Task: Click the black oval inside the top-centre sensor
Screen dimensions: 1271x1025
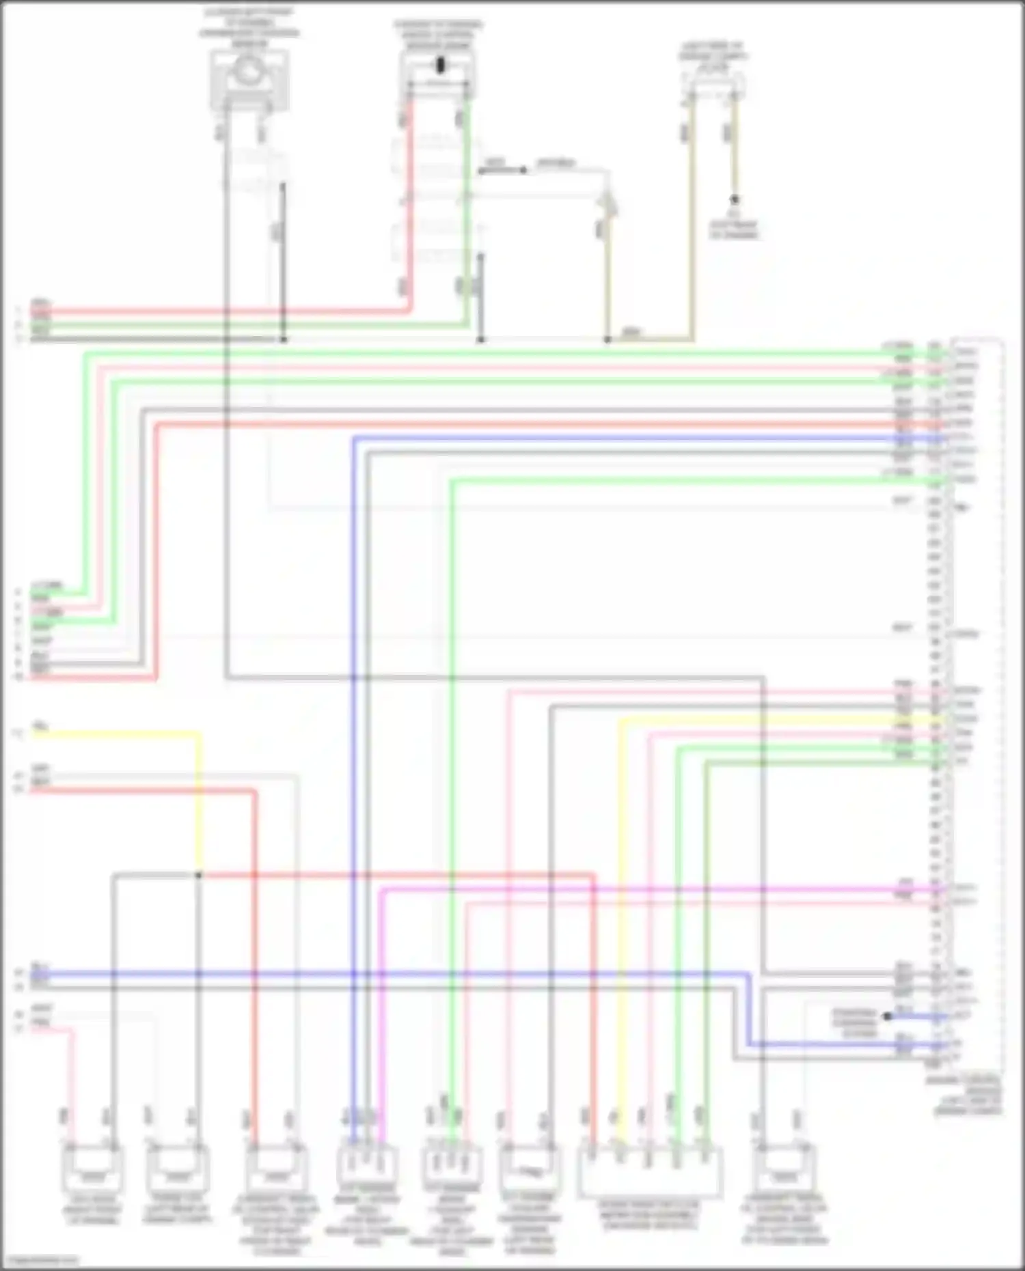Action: tap(440, 66)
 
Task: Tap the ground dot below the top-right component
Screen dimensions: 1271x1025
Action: tap(735, 199)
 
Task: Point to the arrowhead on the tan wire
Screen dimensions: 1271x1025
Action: tap(607, 204)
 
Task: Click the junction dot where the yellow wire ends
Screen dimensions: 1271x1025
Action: tap(198, 875)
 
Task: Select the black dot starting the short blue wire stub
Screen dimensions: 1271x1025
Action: tap(887, 1016)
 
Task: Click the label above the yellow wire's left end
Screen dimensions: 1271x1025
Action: tap(41, 726)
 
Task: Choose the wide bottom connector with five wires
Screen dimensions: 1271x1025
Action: tap(650, 1172)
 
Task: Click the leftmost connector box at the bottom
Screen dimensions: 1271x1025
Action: tap(93, 1169)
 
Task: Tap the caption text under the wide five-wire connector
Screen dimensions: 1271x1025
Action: tap(650, 1216)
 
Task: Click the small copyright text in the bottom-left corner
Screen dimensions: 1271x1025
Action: tap(39, 1260)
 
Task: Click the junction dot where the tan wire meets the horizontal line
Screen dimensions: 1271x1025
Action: tap(607, 339)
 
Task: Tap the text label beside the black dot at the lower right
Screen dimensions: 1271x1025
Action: tap(854, 1022)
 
